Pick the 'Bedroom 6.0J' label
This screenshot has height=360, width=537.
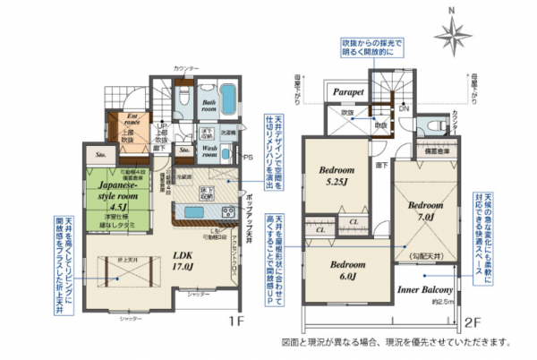(x=347, y=270)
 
